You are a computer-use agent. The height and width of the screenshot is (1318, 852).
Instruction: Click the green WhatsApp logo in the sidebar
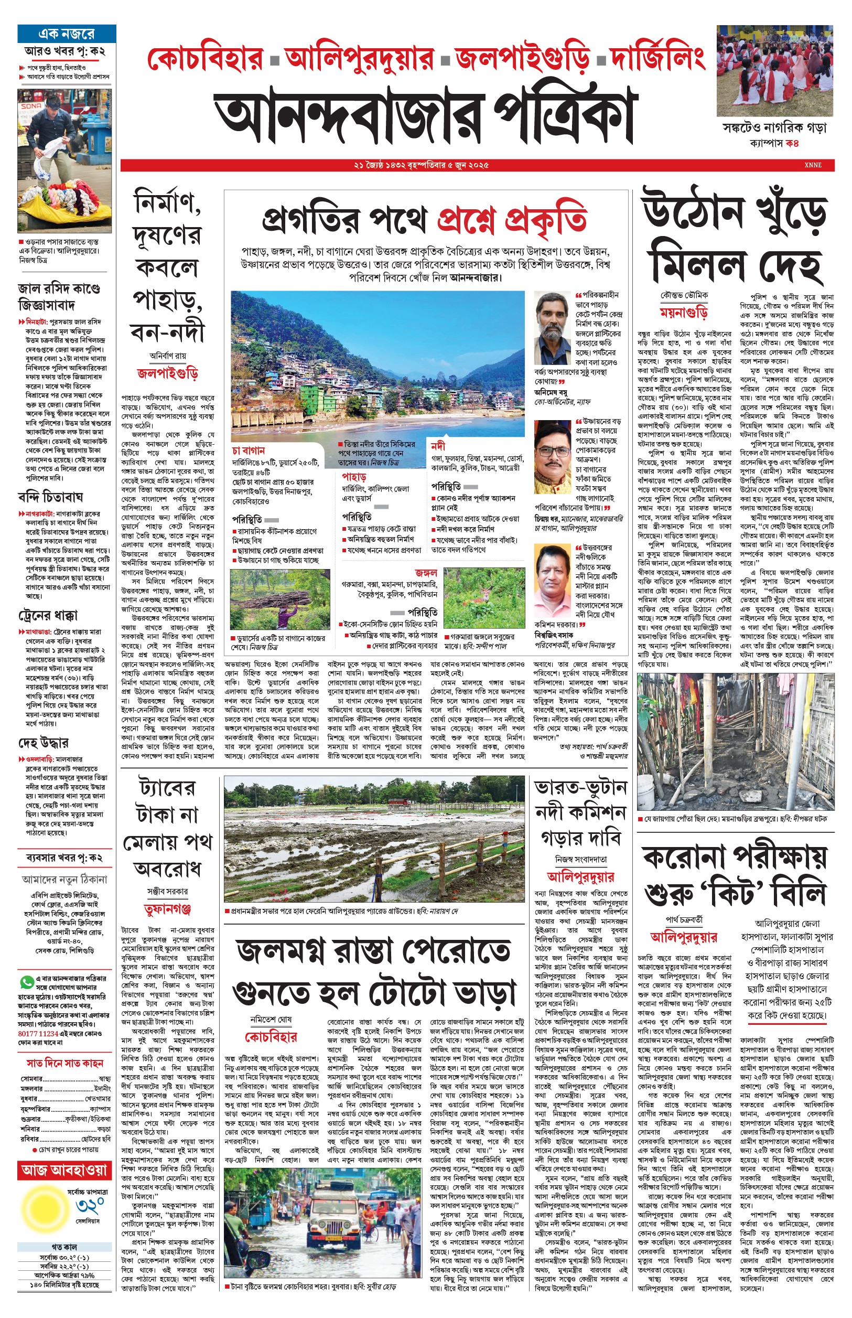pos(26,982)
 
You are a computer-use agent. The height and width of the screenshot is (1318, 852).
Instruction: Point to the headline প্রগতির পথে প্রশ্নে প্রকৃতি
pos(424,220)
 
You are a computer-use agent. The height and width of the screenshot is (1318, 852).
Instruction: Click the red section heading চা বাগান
pos(249,451)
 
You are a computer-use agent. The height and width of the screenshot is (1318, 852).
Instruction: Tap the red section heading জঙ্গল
pos(426,573)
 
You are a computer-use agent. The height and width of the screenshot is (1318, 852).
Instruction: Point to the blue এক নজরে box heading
pos(67,34)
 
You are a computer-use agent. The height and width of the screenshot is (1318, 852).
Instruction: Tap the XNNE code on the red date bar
pos(813,165)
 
